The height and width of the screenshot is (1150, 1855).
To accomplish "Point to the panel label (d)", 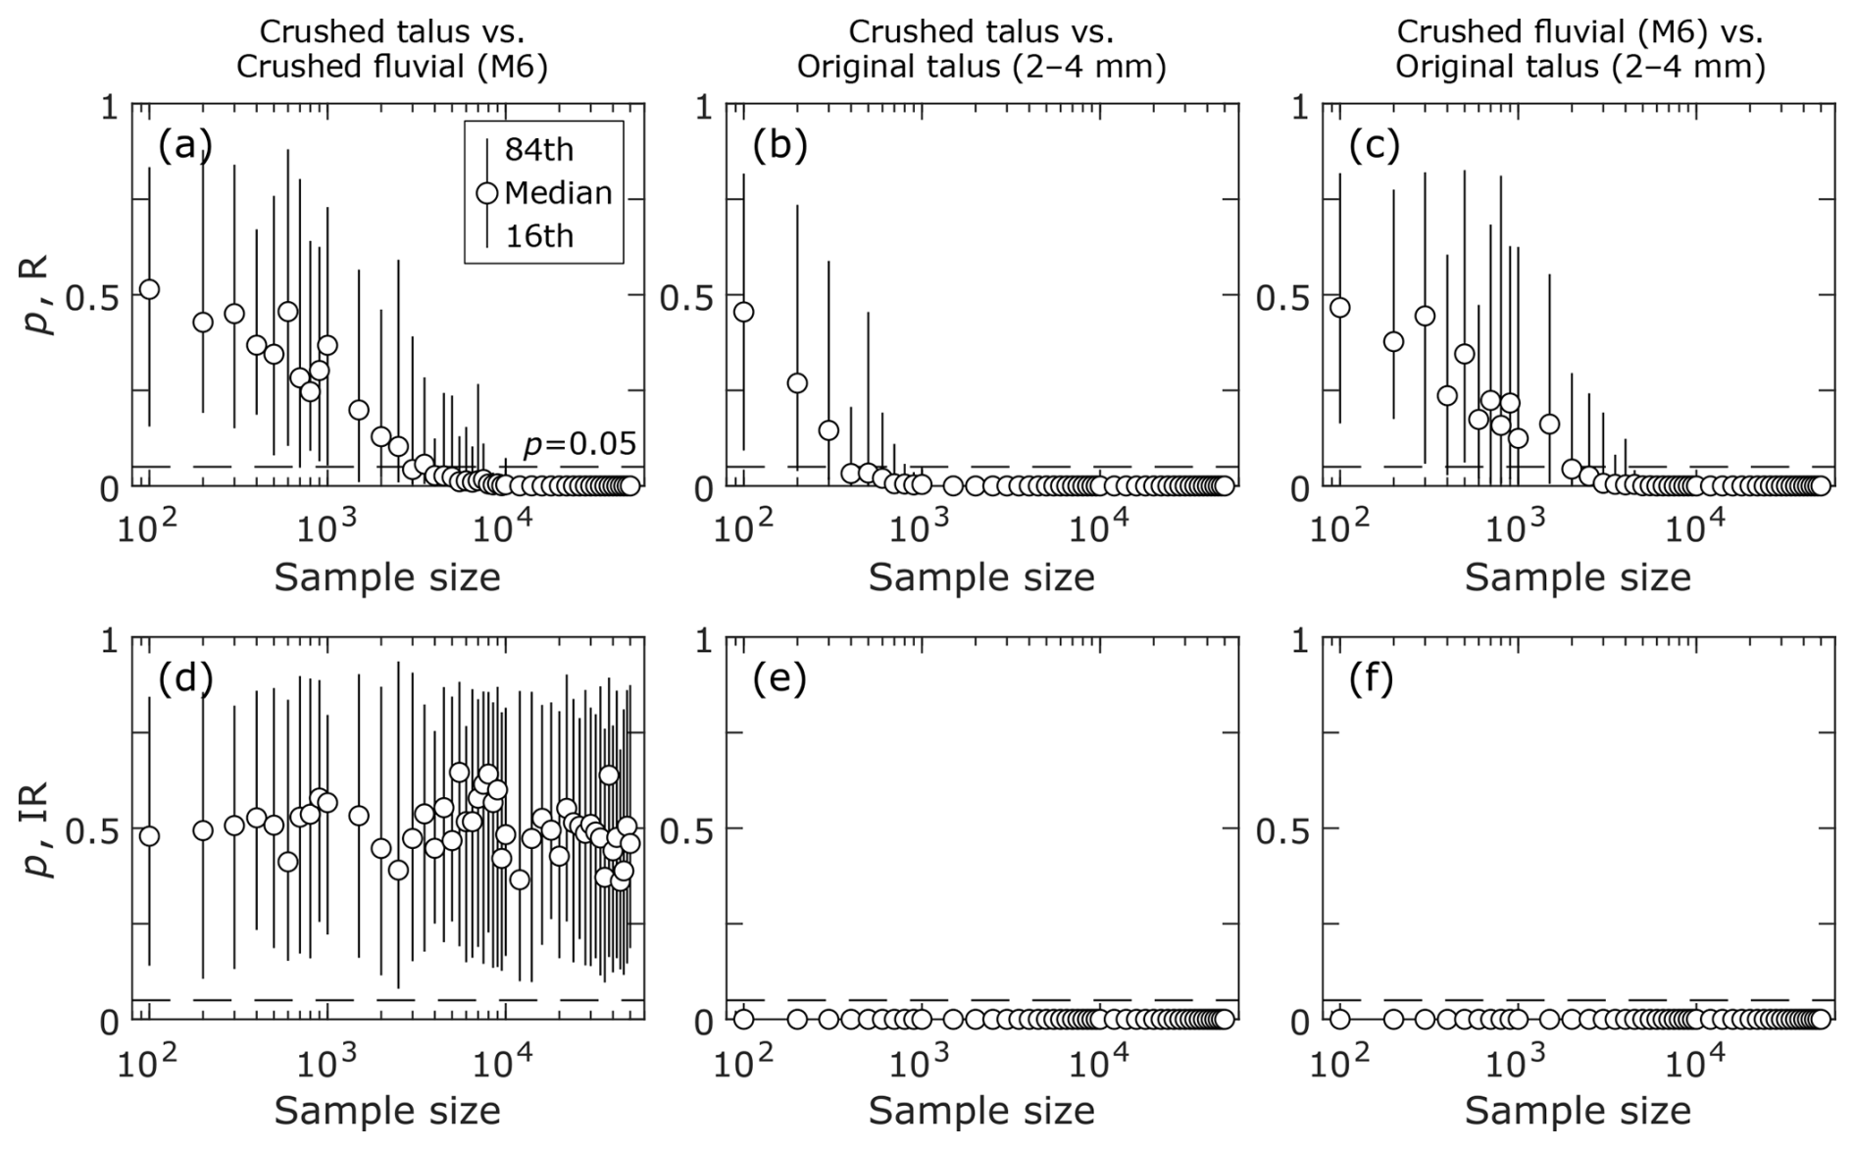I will click(x=185, y=678).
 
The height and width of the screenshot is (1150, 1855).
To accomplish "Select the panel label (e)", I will click(x=779, y=678).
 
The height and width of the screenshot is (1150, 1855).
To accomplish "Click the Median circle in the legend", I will click(x=487, y=193).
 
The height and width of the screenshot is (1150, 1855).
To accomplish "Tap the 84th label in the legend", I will click(x=538, y=150).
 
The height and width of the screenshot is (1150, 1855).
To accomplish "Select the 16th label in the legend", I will click(x=538, y=236).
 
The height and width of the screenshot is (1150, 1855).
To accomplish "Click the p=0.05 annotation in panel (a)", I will click(x=579, y=444).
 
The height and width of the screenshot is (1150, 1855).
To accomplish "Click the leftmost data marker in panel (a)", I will click(x=149, y=289).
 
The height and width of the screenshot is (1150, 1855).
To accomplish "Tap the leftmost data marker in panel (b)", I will click(x=744, y=312).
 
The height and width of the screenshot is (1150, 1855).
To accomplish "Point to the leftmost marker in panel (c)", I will click(x=1340, y=308).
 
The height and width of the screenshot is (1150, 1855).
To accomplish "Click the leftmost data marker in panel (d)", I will click(x=149, y=836).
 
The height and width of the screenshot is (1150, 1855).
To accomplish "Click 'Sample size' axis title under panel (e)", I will click(x=981, y=1111).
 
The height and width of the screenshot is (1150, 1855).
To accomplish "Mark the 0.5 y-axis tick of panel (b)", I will click(x=685, y=297).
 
